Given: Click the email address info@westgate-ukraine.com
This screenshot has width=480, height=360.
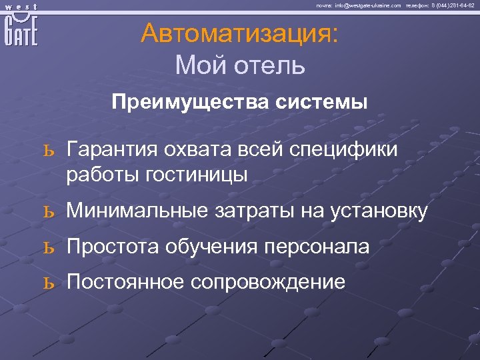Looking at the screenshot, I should coord(368,5).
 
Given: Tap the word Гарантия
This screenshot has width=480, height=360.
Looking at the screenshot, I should coord(112,150).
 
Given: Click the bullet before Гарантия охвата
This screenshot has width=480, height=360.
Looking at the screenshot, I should coord(47,151).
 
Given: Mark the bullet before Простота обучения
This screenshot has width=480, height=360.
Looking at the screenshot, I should coord(47,247).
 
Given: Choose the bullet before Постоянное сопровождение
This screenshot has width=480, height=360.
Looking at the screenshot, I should coord(47,283).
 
